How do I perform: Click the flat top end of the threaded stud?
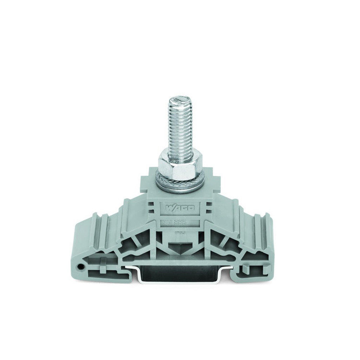(x=179, y=99)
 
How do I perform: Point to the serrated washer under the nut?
(x=180, y=184)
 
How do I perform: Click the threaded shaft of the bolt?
(x=179, y=130)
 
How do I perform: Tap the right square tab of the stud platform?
(x=214, y=185)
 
